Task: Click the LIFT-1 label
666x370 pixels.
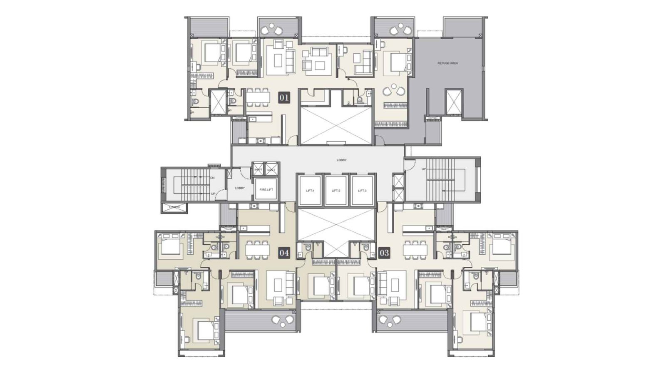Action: point(310,191)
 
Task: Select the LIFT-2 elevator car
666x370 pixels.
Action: point(336,191)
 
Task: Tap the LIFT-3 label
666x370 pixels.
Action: point(362,191)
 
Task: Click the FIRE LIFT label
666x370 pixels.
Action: point(266,190)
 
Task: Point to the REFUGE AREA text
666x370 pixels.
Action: point(447,63)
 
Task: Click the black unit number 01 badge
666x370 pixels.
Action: point(284,98)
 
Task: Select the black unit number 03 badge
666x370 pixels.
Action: point(384,253)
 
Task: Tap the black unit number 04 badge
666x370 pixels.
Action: point(284,253)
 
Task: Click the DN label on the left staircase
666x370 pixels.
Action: point(212,178)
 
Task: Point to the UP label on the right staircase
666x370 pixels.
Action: point(424,169)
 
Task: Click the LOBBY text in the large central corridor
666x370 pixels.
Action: point(341,160)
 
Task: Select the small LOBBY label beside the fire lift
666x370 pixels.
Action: point(240,188)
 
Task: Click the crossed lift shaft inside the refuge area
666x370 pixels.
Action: point(453,101)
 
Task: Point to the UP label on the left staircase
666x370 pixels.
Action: point(213,194)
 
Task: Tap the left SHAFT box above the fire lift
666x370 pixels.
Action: point(258,169)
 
